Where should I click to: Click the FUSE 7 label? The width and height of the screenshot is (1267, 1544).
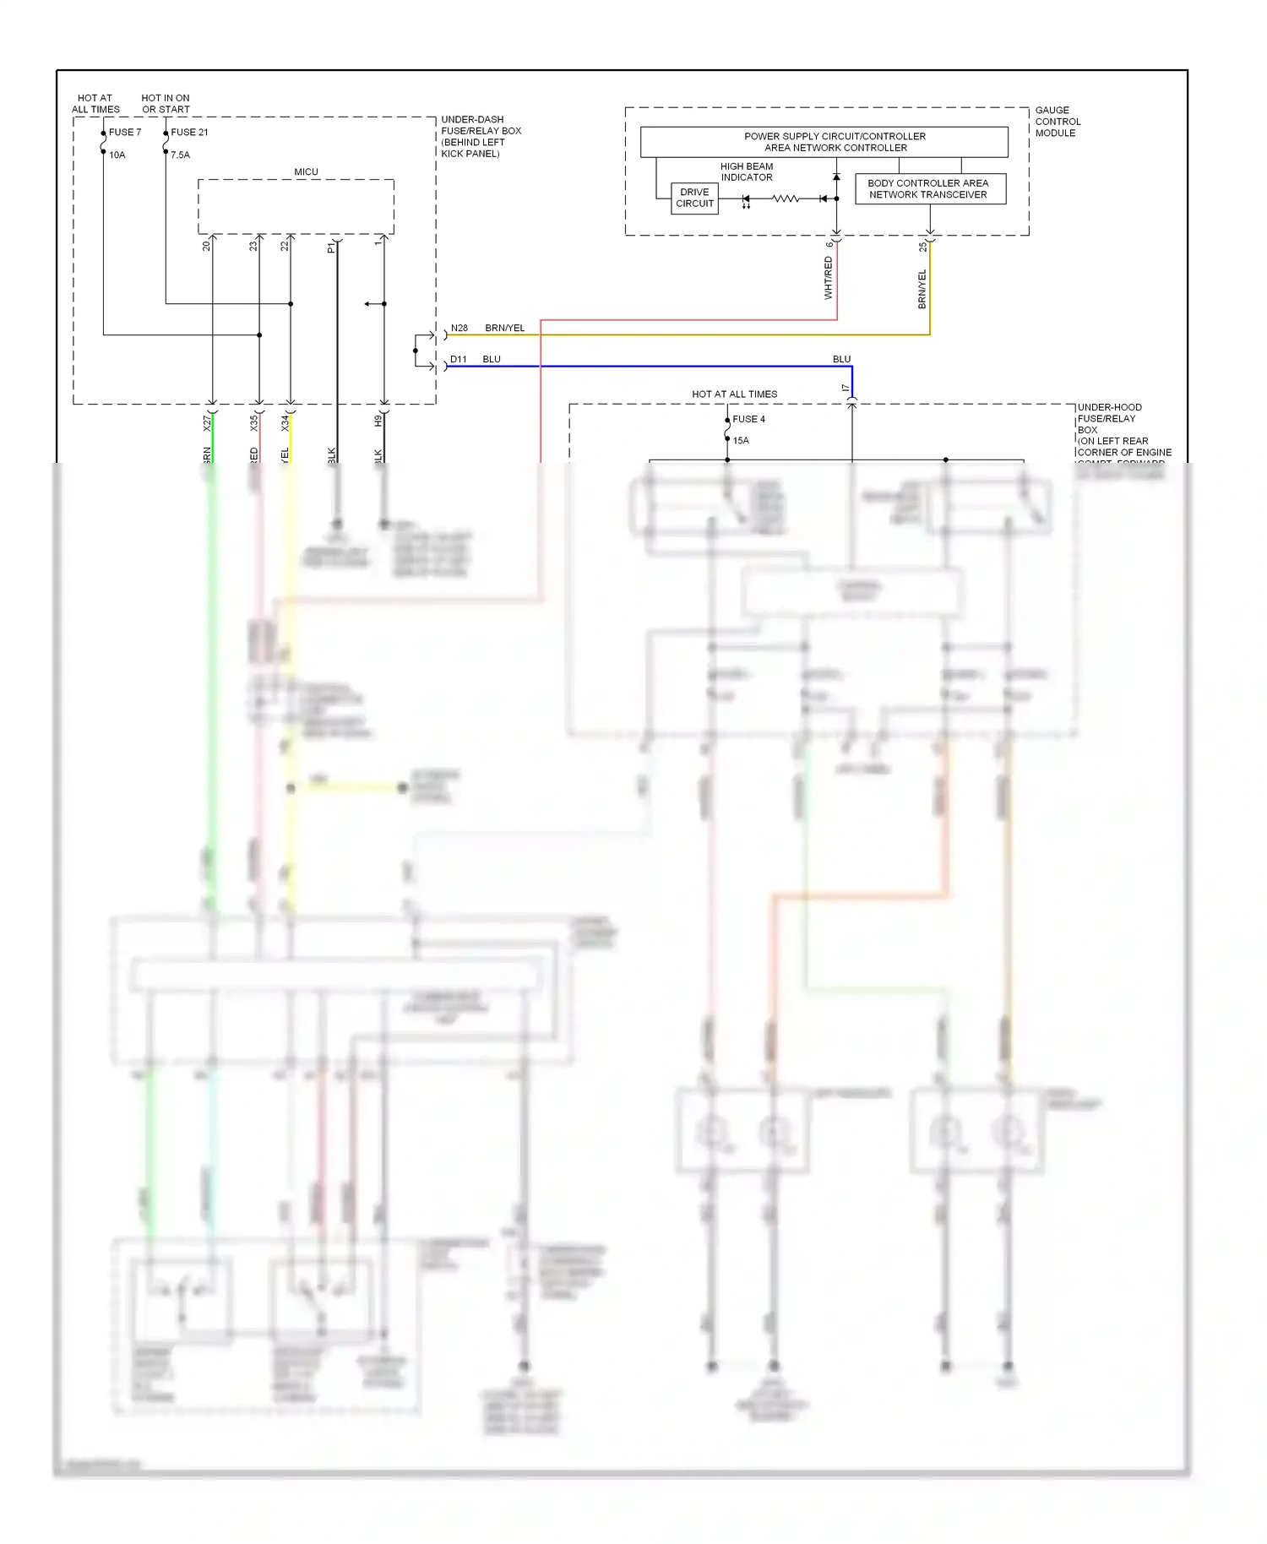click(x=125, y=133)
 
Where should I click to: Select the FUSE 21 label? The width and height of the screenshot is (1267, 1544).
click(x=189, y=133)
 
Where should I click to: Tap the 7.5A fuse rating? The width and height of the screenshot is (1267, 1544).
click(x=181, y=155)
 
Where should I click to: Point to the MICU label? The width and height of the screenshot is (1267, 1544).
click(x=306, y=172)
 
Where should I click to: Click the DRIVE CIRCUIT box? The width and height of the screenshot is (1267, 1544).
click(x=694, y=198)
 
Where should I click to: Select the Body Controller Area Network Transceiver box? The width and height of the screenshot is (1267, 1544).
click(x=927, y=189)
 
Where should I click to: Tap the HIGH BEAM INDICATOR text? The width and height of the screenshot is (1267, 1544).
click(x=746, y=172)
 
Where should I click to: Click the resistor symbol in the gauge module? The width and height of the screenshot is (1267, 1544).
click(x=786, y=199)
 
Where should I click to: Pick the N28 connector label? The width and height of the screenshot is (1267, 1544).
click(x=459, y=329)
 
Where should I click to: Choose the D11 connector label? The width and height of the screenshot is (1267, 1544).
click(x=458, y=360)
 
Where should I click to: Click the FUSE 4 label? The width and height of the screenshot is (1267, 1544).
click(x=748, y=420)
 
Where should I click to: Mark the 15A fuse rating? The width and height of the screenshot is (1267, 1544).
click(x=741, y=441)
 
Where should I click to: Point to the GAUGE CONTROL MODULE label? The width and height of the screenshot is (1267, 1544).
click(x=1057, y=122)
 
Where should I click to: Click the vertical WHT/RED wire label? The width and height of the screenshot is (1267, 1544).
click(x=828, y=279)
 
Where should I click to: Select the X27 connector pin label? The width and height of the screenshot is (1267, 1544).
click(x=207, y=423)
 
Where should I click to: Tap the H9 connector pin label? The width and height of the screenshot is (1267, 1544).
click(x=378, y=421)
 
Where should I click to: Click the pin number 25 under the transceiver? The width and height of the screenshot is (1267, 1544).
click(x=923, y=247)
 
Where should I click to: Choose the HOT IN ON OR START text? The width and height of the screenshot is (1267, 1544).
click(x=166, y=104)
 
